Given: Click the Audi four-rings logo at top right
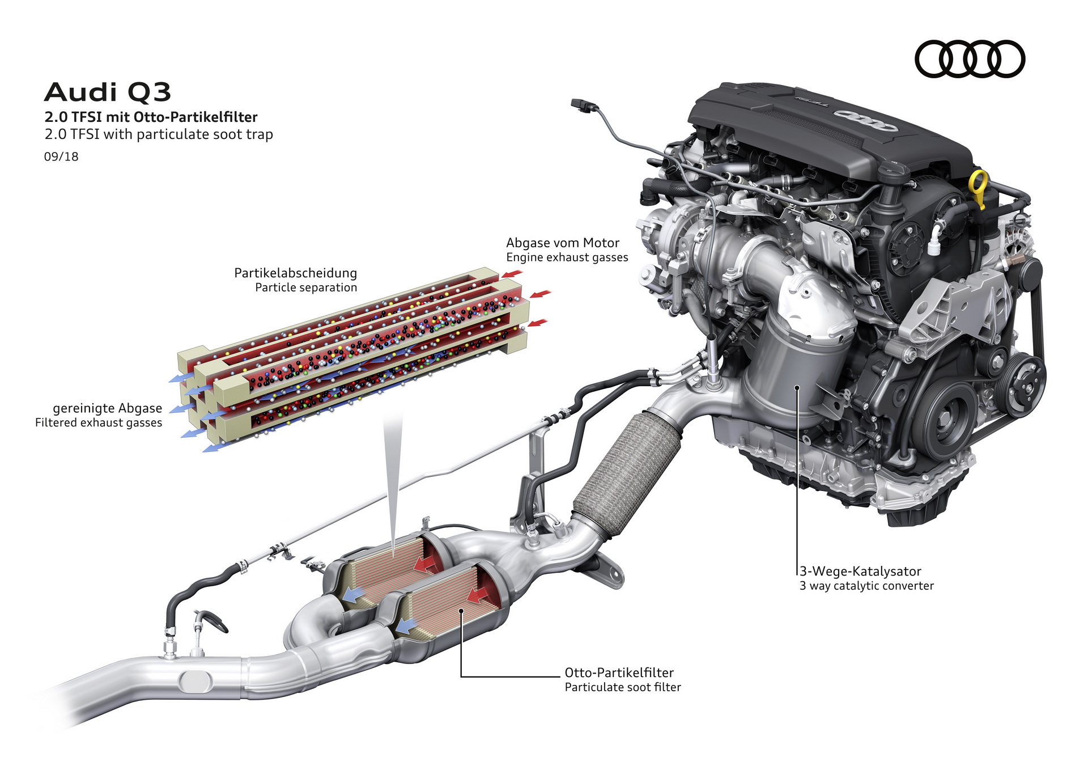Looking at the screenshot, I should coord(970,59).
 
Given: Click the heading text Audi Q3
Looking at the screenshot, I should coord(107,92).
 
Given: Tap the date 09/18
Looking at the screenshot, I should coord(61,156).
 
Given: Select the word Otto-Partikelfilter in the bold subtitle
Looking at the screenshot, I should coord(195,117).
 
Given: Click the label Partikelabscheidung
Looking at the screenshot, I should coord(295,273).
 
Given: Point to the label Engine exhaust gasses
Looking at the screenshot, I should coord(567,257).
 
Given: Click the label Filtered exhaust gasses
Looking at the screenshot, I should coord(99,423).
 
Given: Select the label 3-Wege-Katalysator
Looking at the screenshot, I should coord(860,572).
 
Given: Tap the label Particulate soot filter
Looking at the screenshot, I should coord(622,687).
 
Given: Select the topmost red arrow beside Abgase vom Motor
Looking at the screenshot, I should coord(512,274).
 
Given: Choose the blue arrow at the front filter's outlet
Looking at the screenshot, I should coord(405,625).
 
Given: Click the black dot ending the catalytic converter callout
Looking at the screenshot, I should coord(797,388).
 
